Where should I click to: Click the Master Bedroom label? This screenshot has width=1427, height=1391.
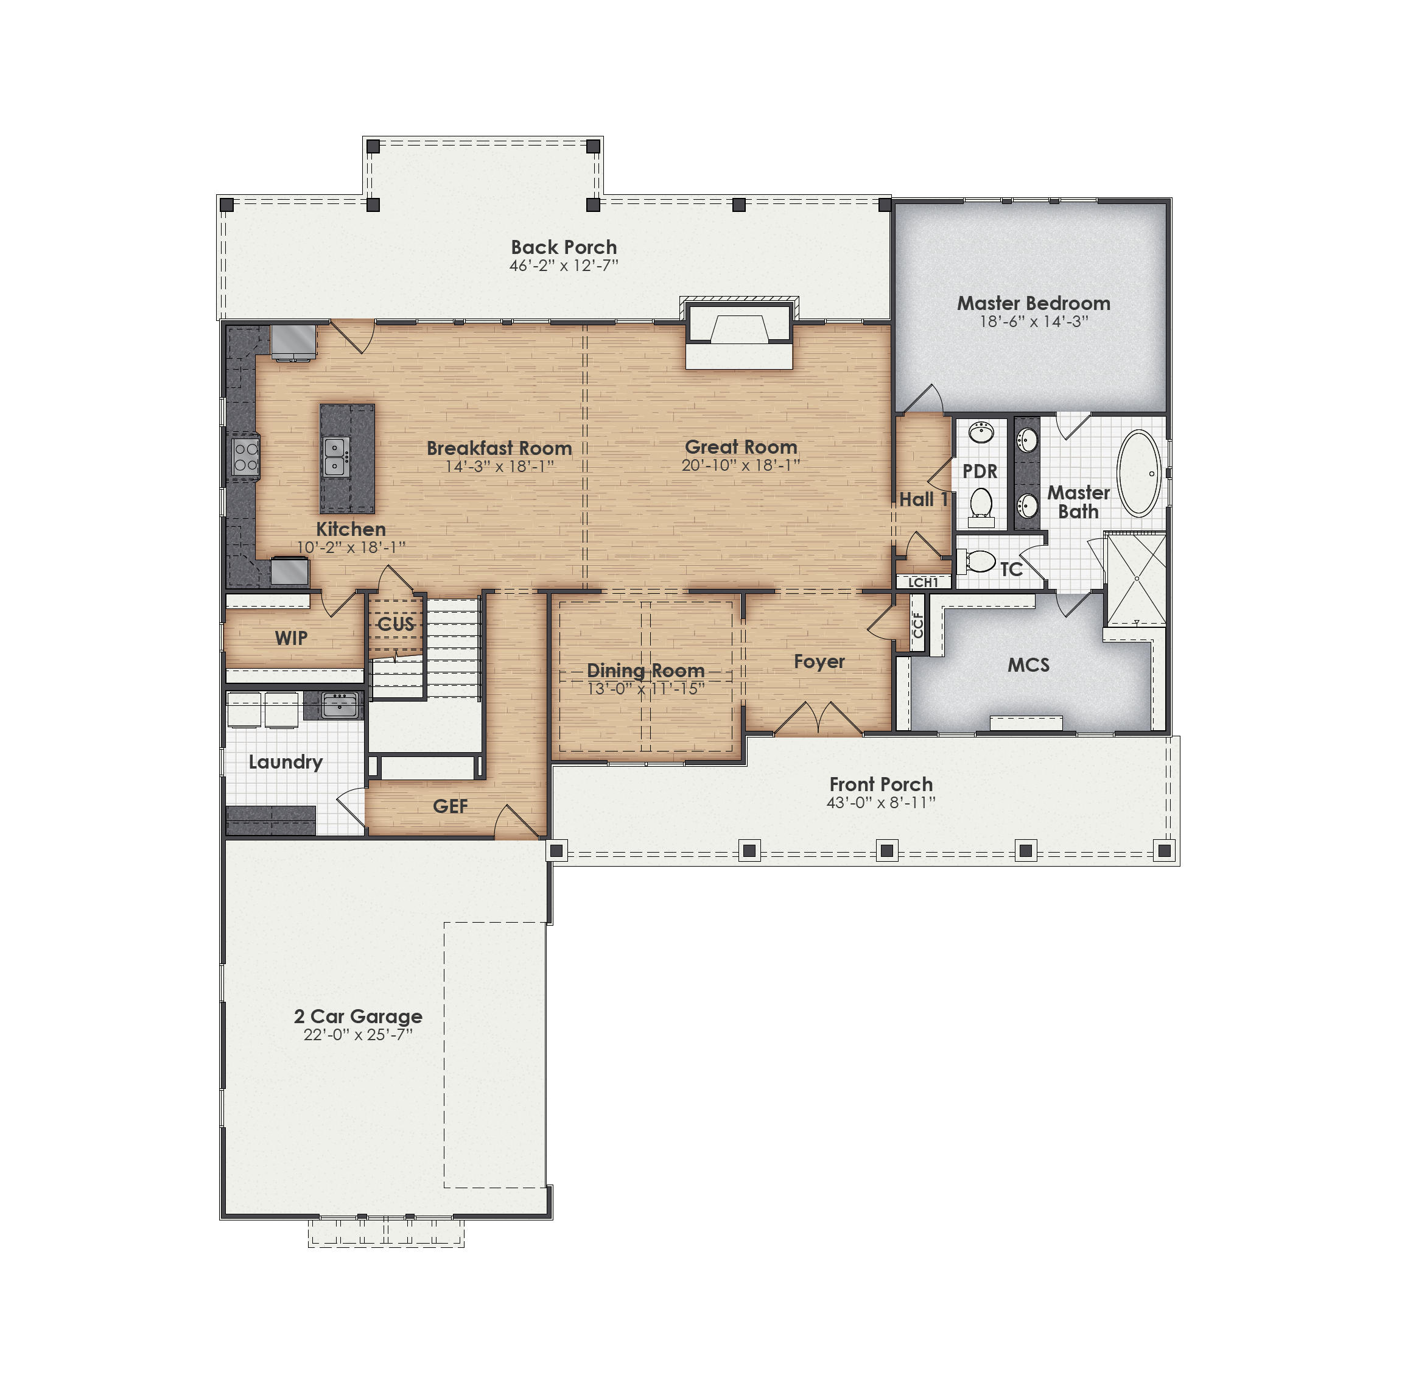point(1033,303)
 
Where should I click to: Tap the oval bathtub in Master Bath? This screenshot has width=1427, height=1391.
point(1138,473)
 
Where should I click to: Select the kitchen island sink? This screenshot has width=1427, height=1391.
point(335,457)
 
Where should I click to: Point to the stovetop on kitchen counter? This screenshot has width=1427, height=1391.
point(245,456)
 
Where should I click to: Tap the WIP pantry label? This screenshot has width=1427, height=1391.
point(290,638)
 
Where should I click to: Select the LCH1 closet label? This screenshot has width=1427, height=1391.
point(923,582)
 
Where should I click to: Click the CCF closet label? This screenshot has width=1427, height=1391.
point(918,625)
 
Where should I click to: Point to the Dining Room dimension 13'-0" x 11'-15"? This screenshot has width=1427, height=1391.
point(645,688)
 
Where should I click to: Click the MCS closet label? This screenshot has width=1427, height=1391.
point(1028,665)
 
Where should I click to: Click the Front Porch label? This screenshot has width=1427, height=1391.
point(881,784)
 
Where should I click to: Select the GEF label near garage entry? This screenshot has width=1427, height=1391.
point(450,806)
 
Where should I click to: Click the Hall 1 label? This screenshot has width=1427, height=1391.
point(923,500)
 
